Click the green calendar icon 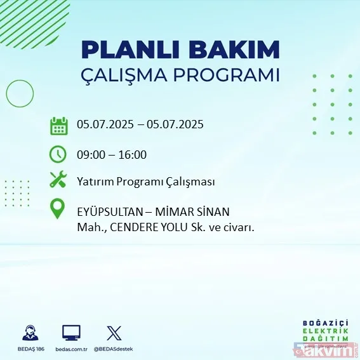pos(59,126)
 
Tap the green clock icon pos(58,154)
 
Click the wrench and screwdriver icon pos(58,181)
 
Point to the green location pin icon pos(58,209)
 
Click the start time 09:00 pos(90,154)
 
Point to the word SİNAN pos(213,211)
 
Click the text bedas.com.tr pos(71,349)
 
